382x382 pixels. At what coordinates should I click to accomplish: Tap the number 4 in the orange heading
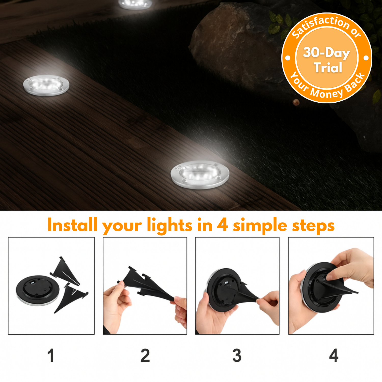[222, 225]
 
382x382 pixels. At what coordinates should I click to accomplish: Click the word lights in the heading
[170, 226]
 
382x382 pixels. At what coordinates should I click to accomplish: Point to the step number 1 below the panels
[51, 356]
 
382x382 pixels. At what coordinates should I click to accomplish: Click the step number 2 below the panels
[145, 356]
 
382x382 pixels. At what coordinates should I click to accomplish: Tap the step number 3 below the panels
[237, 356]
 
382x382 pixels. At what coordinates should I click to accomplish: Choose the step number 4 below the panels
[334, 356]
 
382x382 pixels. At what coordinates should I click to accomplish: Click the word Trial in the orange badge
[328, 68]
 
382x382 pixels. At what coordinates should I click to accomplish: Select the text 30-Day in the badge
[326, 53]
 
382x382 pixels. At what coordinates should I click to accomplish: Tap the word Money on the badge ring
[326, 93]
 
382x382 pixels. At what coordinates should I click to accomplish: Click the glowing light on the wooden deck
[46, 85]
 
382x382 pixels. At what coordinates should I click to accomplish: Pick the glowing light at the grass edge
[200, 175]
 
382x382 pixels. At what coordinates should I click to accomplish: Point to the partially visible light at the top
[135, 4]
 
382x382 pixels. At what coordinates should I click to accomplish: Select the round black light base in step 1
[37, 290]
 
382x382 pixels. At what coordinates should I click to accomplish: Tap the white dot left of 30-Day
[288, 58]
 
